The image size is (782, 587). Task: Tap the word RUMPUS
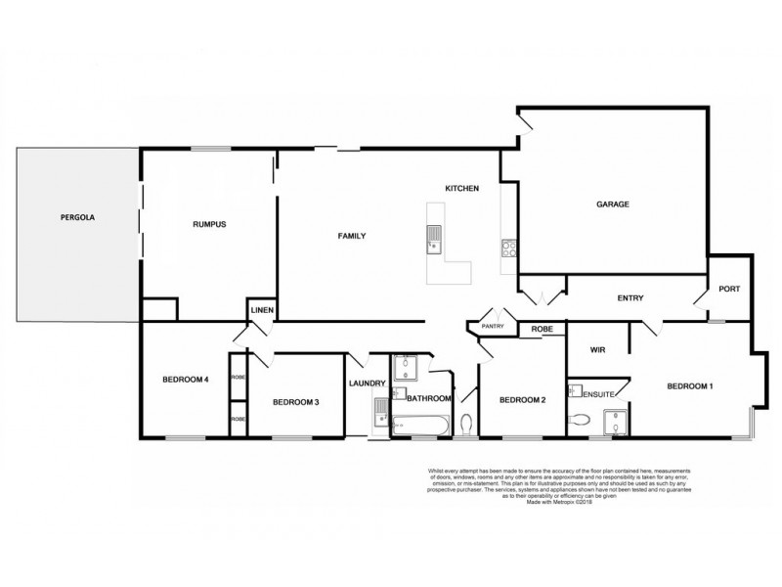(x=209, y=224)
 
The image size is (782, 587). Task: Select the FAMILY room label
(x=352, y=236)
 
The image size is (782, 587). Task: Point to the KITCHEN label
(x=461, y=188)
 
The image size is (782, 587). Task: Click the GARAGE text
(x=613, y=204)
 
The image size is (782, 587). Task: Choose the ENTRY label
(x=630, y=298)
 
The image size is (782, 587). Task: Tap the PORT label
(x=729, y=289)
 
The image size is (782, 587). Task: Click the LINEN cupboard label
(x=262, y=311)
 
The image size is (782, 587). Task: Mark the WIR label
(x=599, y=347)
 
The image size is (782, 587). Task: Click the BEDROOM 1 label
(x=689, y=386)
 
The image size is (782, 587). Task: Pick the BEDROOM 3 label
(x=295, y=401)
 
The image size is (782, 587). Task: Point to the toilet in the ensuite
(x=581, y=420)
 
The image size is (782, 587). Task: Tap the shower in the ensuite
(x=617, y=420)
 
